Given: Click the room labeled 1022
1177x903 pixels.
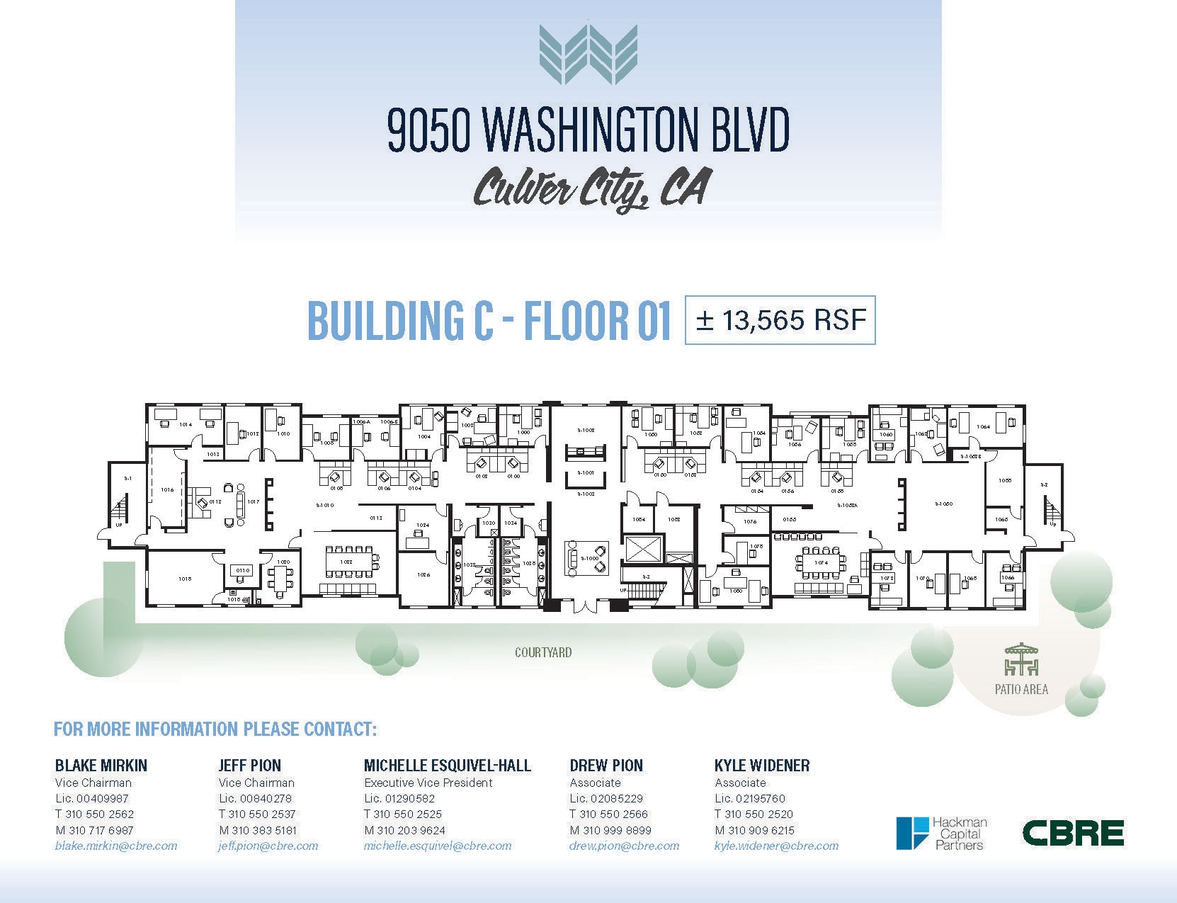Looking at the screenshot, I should pyautogui.click(x=346, y=562).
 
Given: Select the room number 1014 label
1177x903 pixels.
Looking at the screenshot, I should pyautogui.click(x=186, y=424).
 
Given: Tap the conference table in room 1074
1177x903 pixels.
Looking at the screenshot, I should pyautogui.click(x=821, y=562).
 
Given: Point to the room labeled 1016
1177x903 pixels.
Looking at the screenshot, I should pyautogui.click(x=167, y=489).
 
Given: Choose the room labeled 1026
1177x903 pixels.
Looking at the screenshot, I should pyautogui.click(x=423, y=574).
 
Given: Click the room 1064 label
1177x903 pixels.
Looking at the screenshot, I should pyautogui.click(x=983, y=426).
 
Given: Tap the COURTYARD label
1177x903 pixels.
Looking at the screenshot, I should pyautogui.click(x=543, y=652).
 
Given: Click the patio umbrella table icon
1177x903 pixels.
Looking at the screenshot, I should pyautogui.click(x=1021, y=659).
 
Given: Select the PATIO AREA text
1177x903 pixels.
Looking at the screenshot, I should pyautogui.click(x=1021, y=688).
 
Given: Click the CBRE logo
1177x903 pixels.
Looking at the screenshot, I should pyautogui.click(x=1073, y=833).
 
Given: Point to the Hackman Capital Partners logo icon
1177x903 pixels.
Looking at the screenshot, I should pyautogui.click(x=912, y=833).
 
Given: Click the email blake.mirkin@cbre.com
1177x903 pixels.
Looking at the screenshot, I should pyautogui.click(x=116, y=846).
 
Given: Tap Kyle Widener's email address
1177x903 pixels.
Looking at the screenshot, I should pyautogui.click(x=776, y=846).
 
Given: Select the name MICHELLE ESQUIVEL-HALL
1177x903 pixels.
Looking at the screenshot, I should pyautogui.click(x=447, y=766).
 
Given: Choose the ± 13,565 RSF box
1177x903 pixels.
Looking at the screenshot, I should pyautogui.click(x=780, y=320).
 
